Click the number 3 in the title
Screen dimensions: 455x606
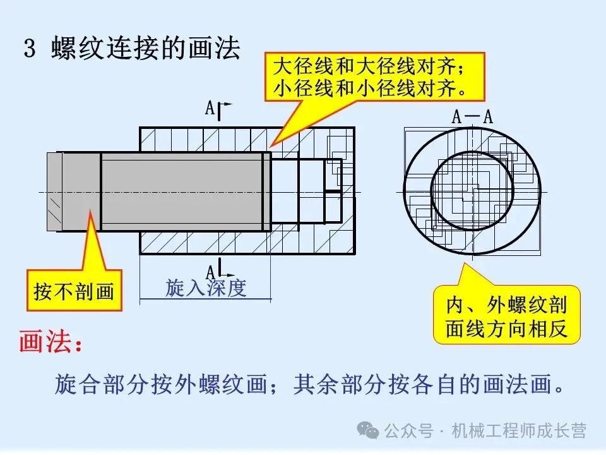29,50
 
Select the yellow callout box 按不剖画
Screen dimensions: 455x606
74,291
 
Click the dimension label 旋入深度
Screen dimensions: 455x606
205,288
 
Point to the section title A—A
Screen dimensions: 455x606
472,117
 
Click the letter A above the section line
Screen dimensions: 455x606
210,108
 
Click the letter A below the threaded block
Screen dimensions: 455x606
210,269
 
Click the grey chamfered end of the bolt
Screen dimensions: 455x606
54,191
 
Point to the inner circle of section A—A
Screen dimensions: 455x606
472,189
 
